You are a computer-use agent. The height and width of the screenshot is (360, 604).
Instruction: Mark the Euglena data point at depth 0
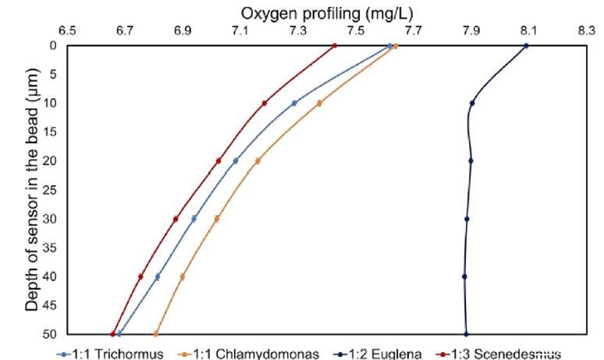pyautogui.click(x=526, y=46)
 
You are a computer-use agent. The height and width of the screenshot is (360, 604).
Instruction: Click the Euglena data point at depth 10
pyautogui.click(x=472, y=103)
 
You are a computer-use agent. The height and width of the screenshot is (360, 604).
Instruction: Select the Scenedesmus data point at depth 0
pyautogui.click(x=335, y=46)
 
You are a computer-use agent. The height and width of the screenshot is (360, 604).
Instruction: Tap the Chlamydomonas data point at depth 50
pyautogui.click(x=155, y=334)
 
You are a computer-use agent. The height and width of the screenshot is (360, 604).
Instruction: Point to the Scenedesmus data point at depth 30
pyautogui.click(x=176, y=219)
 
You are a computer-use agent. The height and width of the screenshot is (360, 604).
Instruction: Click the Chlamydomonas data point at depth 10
pyautogui.click(x=319, y=103)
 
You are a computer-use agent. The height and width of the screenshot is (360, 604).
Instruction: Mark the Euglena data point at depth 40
pyautogui.click(x=464, y=276)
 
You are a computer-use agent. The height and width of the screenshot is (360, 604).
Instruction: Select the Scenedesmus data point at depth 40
pyautogui.click(x=140, y=276)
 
